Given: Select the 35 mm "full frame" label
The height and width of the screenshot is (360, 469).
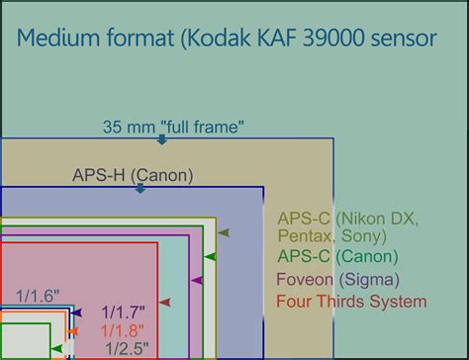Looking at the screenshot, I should point(173,127).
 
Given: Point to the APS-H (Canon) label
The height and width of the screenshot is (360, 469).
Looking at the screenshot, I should point(133,175).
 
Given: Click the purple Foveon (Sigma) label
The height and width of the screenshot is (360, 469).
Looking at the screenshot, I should point(337,279).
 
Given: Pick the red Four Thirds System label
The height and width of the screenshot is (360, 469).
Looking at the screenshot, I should point(351,301).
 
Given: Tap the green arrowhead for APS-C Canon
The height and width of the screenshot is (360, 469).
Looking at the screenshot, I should point(210,256).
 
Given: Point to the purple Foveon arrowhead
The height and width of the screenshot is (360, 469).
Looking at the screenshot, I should point(197,280).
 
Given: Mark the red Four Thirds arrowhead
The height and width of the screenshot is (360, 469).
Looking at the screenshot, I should point(165,302).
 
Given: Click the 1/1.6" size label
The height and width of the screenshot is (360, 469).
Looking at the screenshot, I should point(39,295).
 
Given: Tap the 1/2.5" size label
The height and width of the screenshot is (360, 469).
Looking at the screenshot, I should point(127,348).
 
